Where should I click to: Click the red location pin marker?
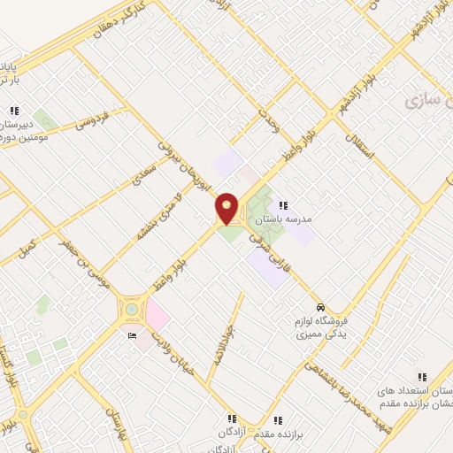(227, 208)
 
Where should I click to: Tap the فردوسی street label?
(91, 119)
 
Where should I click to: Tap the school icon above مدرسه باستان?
(284, 205)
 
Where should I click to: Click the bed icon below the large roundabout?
(132, 335)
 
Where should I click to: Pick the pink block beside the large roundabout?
(157, 312)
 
